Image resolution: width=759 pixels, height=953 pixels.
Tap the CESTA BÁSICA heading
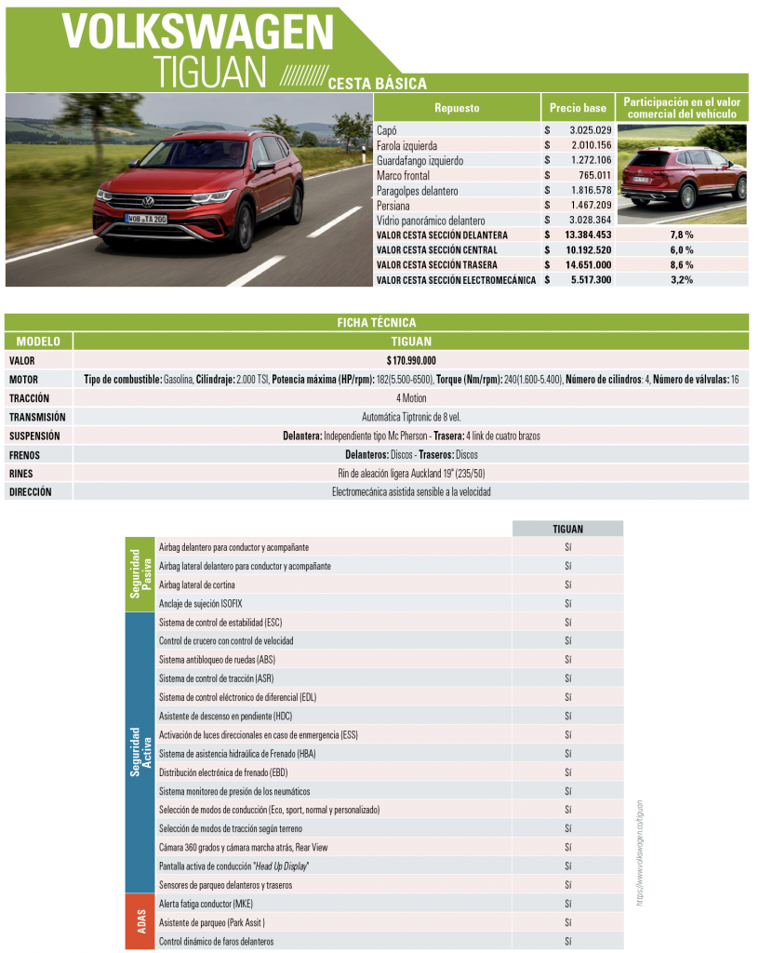[377, 84]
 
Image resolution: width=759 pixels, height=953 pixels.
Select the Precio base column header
[578, 108]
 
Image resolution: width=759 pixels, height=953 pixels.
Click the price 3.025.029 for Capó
[590, 130]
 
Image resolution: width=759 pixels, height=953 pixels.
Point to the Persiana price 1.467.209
[590, 205]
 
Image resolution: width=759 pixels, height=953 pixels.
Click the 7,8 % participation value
[682, 235]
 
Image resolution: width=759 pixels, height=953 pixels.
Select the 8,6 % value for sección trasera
[682, 265]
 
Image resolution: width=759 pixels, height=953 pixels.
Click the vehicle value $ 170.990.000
[411, 360]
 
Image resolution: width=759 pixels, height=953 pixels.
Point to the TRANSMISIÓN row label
[37, 417]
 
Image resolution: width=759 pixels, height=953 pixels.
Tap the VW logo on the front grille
[148, 200]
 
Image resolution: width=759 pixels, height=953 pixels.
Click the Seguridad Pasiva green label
[141, 574]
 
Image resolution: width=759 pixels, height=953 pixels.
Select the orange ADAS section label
[141, 921]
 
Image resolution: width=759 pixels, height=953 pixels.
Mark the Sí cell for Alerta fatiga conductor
[567, 904]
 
